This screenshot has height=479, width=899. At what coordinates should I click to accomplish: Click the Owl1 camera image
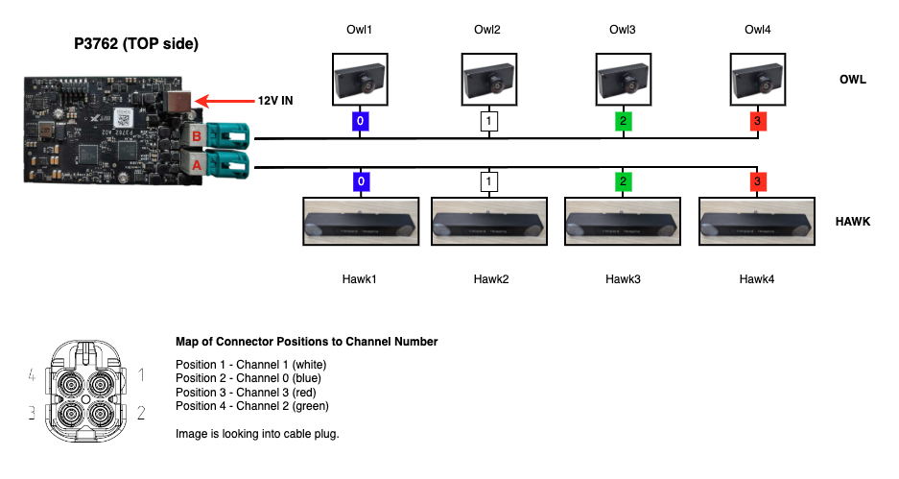pyautogui.click(x=360, y=80)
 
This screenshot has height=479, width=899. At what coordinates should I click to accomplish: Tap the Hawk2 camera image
pyautogui.click(x=488, y=224)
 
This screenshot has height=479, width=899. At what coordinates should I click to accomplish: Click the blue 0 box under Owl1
pyautogui.click(x=360, y=122)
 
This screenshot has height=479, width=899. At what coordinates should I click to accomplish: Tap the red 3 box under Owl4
pyautogui.click(x=759, y=122)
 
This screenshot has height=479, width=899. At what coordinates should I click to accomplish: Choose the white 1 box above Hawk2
pyautogui.click(x=488, y=180)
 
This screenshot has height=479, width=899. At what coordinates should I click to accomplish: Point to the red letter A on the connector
pyautogui.click(x=196, y=164)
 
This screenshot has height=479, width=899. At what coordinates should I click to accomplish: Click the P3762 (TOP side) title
pyautogui.click(x=136, y=44)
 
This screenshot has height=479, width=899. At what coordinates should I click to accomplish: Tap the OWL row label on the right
pyautogui.click(x=853, y=80)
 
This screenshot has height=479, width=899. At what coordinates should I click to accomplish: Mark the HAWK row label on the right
pyautogui.click(x=853, y=222)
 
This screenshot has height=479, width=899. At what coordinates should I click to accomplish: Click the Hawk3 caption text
pyautogui.click(x=623, y=279)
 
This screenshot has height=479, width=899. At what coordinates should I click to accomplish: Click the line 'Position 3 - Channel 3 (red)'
pyautogui.click(x=246, y=392)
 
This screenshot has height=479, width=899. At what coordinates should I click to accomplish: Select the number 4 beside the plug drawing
pyautogui.click(x=32, y=374)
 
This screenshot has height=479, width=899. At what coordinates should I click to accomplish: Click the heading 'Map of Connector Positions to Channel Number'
pyautogui.click(x=307, y=341)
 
